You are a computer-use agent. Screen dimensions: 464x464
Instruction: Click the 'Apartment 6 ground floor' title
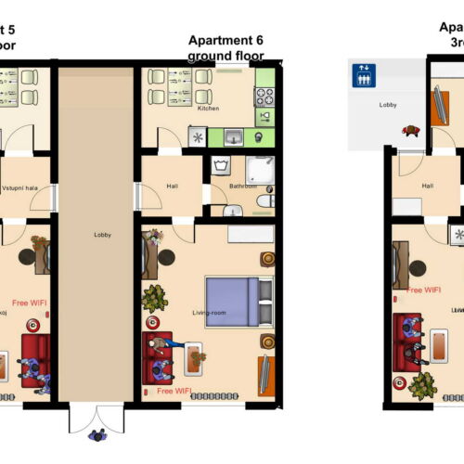(x=226, y=47)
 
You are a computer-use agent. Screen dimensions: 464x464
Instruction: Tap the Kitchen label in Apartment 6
(x=209, y=109)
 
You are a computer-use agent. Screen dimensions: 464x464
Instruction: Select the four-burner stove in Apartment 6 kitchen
(x=264, y=96)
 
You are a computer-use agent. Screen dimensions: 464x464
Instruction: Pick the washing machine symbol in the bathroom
(x=222, y=167)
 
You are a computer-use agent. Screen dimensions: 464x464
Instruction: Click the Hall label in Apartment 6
(x=172, y=186)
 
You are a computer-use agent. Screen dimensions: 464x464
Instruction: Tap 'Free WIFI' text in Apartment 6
(x=174, y=392)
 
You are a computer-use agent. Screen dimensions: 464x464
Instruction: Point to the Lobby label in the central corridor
(x=102, y=235)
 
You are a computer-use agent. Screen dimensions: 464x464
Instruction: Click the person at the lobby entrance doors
(x=96, y=434)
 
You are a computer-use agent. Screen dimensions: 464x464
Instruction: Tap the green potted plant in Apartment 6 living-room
(x=155, y=297)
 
